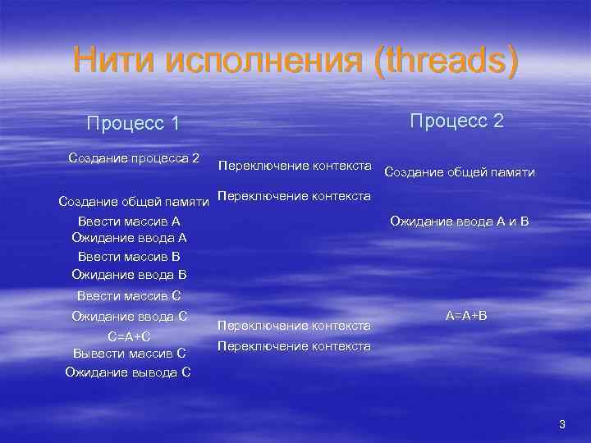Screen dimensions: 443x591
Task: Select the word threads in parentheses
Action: pyautogui.click(x=444, y=61)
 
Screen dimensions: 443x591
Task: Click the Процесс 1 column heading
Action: pyautogui.click(x=133, y=123)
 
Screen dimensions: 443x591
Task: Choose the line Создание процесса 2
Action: pyautogui.click(x=135, y=157)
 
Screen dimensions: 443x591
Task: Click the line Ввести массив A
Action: pyautogui.click(x=129, y=221)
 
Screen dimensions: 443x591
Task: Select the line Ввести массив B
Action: pyautogui.click(x=129, y=256)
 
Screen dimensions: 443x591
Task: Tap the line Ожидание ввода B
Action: pyautogui.click(x=129, y=273)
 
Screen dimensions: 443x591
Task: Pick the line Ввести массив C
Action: pyautogui.click(x=129, y=296)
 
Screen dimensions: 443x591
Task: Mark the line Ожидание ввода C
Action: pyautogui.click(x=130, y=316)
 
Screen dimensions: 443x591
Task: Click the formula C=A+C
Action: pyautogui.click(x=129, y=336)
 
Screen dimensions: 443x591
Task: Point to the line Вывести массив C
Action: pyautogui.click(x=129, y=354)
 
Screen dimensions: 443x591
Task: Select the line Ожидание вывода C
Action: pyautogui.click(x=128, y=372)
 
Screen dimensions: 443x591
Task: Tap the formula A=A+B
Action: pyautogui.click(x=465, y=316)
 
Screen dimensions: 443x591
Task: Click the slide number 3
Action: pyautogui.click(x=562, y=424)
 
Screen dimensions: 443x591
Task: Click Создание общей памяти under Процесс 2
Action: pyautogui.click(x=459, y=172)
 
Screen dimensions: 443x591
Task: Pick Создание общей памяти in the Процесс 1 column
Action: pyautogui.click(x=134, y=202)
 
